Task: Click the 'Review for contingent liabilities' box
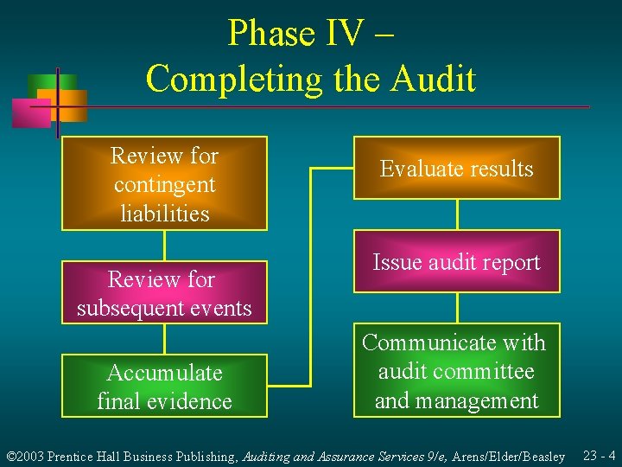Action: (x=164, y=183)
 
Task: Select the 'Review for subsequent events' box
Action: (x=164, y=293)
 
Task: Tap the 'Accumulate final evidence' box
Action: (x=164, y=387)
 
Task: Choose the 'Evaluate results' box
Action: (x=456, y=169)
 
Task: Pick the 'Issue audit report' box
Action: (x=456, y=262)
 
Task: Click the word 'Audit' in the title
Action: (x=433, y=79)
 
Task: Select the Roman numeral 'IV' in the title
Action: (x=346, y=34)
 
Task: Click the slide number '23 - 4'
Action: (x=599, y=455)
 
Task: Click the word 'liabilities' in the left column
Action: (x=164, y=213)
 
